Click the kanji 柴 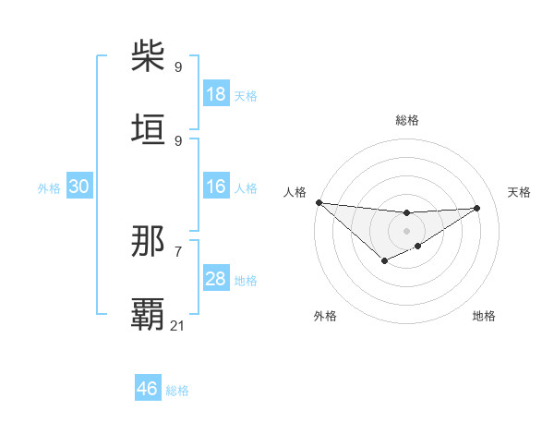tap(149, 57)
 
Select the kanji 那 tap(149, 242)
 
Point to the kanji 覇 tap(149, 315)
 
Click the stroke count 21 tap(178, 325)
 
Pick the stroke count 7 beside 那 tap(178, 251)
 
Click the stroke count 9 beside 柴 tap(178, 66)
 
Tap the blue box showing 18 tap(216, 94)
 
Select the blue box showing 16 tap(216, 187)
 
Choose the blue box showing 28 tap(216, 279)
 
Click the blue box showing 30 tap(79, 187)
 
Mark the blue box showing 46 tap(148, 389)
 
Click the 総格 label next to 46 tap(177, 391)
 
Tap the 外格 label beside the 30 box tap(49, 187)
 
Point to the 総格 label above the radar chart tap(407, 120)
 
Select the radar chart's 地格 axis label tap(484, 316)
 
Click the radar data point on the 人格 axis tap(319, 202)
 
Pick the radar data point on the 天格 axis tap(477, 208)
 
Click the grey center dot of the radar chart tap(406, 230)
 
